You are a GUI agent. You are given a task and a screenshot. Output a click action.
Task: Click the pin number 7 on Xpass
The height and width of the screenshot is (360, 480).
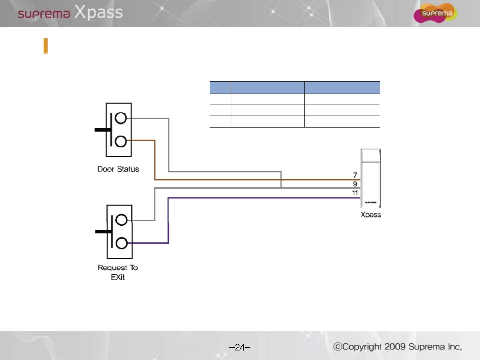(x=355, y=175)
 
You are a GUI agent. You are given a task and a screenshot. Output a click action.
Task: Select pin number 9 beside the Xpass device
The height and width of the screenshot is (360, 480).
(x=355, y=184)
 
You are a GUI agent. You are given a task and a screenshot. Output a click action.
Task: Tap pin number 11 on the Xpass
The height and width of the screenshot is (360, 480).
(x=355, y=193)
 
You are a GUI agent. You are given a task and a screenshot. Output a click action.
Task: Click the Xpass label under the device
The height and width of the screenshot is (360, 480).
(x=370, y=215)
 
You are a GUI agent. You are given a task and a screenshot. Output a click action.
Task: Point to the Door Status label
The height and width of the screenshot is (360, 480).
(x=118, y=169)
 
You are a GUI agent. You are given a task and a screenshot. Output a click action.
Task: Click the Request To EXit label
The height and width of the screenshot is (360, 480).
(x=118, y=272)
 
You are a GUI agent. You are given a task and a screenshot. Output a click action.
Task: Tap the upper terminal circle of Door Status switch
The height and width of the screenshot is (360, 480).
(x=120, y=118)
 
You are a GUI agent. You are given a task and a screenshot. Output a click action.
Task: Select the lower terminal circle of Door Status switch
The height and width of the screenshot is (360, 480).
(x=120, y=141)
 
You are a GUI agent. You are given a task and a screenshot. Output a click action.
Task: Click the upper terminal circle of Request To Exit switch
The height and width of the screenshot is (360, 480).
(x=121, y=220)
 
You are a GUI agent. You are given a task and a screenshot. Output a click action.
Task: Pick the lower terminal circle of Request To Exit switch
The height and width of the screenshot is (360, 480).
(x=121, y=243)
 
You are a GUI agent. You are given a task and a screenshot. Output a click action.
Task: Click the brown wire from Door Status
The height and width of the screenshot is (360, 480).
(x=233, y=180)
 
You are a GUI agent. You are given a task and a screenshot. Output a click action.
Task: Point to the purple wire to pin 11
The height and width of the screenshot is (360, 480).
(x=266, y=198)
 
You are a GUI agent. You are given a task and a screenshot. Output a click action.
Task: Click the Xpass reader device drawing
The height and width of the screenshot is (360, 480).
(x=370, y=178)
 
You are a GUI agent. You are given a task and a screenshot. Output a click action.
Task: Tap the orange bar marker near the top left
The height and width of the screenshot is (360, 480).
(x=46, y=46)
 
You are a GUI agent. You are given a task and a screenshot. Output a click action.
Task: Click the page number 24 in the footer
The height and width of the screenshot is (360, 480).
(x=240, y=347)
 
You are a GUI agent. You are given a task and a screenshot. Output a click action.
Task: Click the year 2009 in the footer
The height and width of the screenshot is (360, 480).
(x=395, y=347)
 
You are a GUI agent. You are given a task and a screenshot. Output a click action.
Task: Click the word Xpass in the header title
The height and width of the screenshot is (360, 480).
(x=99, y=12)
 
